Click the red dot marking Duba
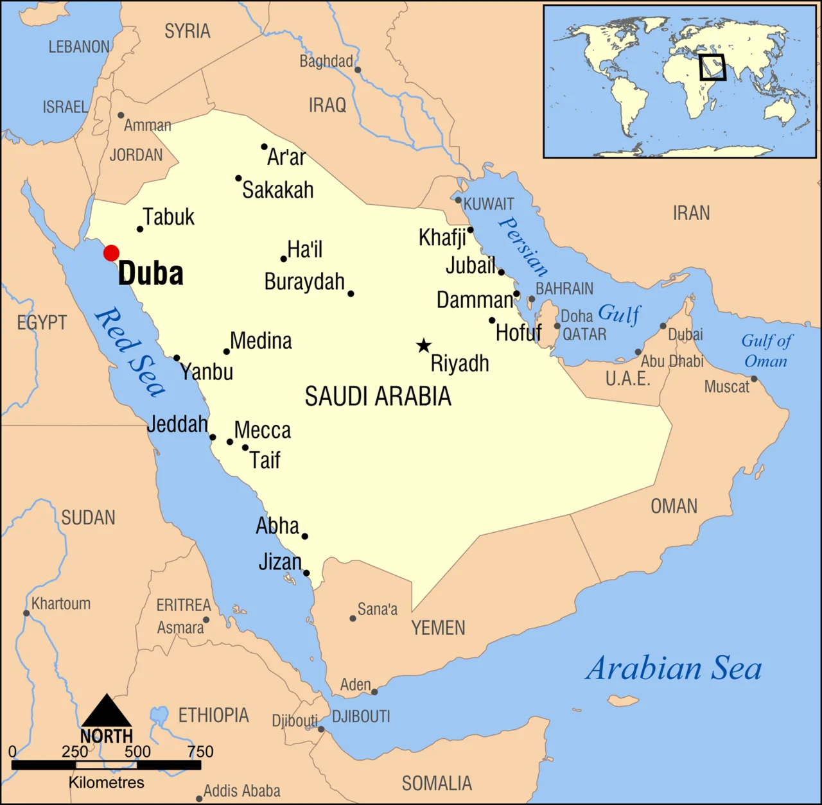coord(112,253)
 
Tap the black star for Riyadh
coord(423,346)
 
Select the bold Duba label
coord(151,273)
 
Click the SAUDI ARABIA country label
coord(378,397)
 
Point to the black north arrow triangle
coord(107,711)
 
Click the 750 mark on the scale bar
coord(200,752)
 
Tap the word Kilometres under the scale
coord(107,783)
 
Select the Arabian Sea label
coord(674,668)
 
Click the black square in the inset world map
coord(712,67)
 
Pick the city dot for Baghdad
coord(358,70)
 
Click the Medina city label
coord(261,341)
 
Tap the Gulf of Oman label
coord(766,351)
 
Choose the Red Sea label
coord(130,352)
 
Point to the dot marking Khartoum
coord(26,613)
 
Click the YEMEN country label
coord(438,628)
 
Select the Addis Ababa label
coord(241,791)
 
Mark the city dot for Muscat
coord(755,379)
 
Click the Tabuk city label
coord(168,217)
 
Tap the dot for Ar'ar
coord(264,147)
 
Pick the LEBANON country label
coord(80,47)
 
